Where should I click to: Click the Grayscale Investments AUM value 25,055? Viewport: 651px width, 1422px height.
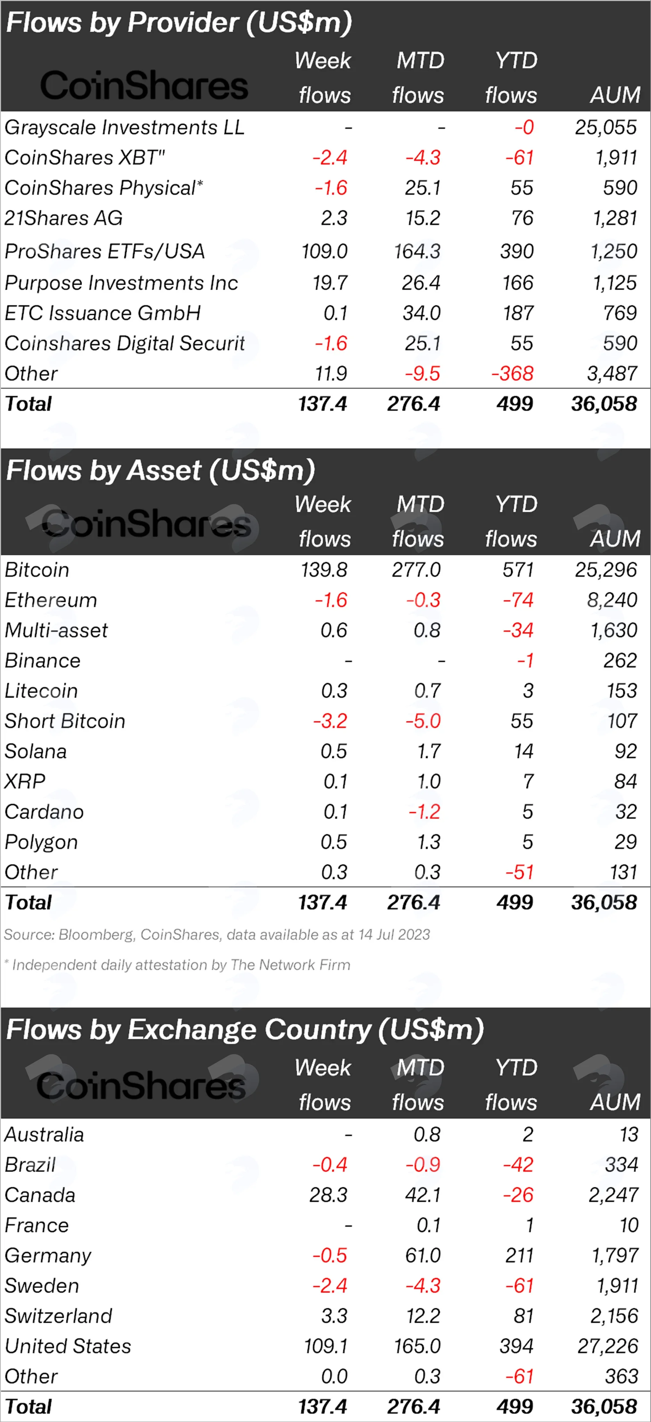coord(606,127)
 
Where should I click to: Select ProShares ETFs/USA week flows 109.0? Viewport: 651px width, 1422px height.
coord(324,252)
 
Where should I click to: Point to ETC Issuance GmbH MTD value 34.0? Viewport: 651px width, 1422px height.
coord(421,313)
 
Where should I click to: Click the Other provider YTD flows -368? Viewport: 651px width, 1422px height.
coord(512,374)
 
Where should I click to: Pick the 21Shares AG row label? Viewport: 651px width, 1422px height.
coord(64,218)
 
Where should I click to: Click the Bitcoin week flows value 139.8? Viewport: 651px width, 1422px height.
coord(324,570)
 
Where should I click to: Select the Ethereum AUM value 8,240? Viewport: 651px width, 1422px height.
coord(612,600)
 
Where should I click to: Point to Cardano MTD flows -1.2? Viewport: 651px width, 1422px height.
coord(424,812)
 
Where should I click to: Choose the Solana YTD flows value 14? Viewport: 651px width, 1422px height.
coord(524,751)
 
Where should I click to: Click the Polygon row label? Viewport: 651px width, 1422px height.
coord(41,842)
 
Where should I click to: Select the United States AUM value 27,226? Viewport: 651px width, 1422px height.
coord(607,1346)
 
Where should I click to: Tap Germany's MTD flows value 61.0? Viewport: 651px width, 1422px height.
coord(423,1255)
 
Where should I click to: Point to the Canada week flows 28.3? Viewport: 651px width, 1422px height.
coord(328,1195)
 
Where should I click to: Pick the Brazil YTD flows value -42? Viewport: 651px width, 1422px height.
coord(518,1165)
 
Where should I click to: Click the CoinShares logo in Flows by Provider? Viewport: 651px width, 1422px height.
coord(144,85)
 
